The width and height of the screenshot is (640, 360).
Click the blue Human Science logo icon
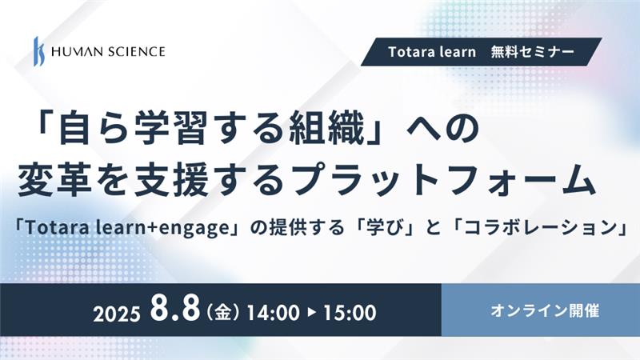pos(39,51)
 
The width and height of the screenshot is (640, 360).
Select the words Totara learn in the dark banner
pos(432,52)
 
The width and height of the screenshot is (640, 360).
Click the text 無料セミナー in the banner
pos(533,52)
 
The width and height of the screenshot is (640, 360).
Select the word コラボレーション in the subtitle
pos(539,228)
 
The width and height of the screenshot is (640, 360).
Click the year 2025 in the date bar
pos(117,314)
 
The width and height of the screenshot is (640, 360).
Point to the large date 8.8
pos(174,308)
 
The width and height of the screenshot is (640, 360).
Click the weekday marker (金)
pos(223,313)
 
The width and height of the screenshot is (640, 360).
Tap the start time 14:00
pos(273,313)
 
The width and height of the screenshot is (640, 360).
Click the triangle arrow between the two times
pos(312,313)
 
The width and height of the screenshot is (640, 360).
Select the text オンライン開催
pos(545,311)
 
